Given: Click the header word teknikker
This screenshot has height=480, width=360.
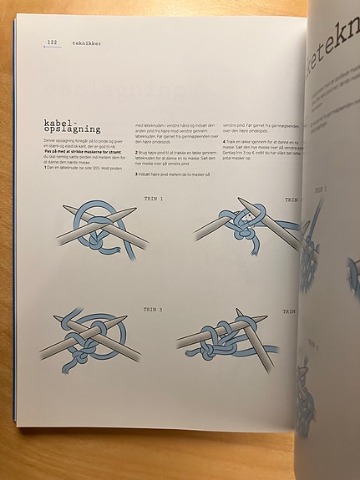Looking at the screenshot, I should pyautogui.click(x=87, y=43).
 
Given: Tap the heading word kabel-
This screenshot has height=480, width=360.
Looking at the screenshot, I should pyautogui.click(x=60, y=122).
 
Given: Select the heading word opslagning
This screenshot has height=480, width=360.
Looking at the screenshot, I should pyautogui.click(x=73, y=130).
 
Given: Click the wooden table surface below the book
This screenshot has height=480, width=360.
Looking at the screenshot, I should pyautogui.click(x=150, y=455).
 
